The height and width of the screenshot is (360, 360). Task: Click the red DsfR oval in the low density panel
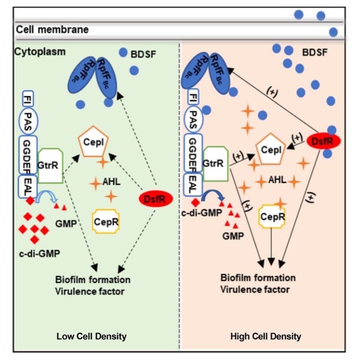coord(156,199)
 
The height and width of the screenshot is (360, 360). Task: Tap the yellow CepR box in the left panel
coord(105,221)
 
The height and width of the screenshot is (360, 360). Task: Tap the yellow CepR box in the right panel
coord(272,215)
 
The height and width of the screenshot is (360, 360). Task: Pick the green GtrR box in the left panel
coord(51,165)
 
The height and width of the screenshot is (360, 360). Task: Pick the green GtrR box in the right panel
coord(215,163)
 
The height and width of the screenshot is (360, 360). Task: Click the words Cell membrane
coord(52,29)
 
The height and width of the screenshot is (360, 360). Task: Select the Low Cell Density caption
coord(92,336)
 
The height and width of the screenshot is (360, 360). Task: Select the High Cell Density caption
coord(266,336)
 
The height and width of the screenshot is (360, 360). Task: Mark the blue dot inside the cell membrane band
coord(333,32)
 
